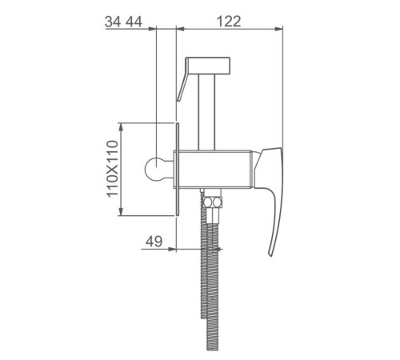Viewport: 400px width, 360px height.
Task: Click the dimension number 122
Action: click(229, 22)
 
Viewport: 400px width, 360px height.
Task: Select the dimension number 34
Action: click(113, 22)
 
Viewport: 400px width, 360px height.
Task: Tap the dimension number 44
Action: click(134, 22)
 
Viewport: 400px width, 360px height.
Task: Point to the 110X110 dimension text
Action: click(112, 169)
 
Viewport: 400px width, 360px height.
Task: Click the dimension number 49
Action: click(154, 242)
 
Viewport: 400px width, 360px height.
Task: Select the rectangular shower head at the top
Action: click(208, 65)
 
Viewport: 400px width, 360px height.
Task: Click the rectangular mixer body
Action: click(213, 170)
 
